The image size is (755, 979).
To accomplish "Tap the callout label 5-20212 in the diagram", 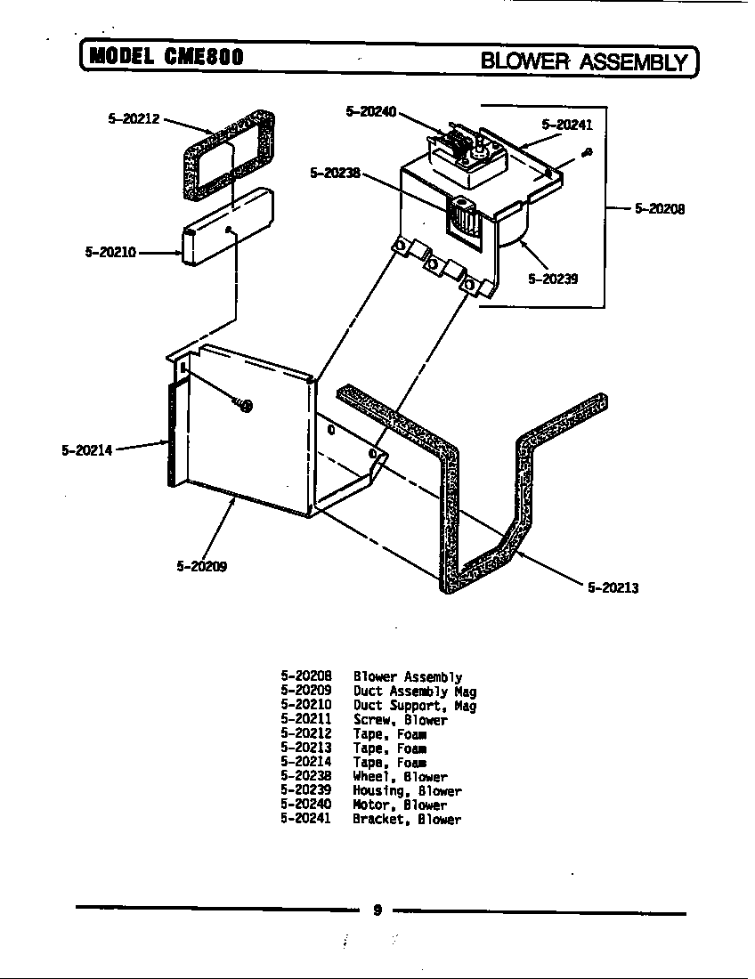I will point(134,118).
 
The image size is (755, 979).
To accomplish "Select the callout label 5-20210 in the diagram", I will point(110,252).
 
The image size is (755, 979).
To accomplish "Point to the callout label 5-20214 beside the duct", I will point(87,450).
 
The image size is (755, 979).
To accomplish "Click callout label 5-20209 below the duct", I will point(201,565).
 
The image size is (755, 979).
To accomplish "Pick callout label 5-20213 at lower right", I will point(613,587).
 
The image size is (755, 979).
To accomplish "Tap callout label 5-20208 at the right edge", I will point(659,210).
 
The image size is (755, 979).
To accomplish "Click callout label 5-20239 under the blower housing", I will point(553,278).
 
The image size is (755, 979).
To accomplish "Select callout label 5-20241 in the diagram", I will point(567,125).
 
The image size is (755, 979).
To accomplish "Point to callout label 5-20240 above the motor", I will point(371,111).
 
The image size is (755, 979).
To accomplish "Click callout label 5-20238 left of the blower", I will point(335,173).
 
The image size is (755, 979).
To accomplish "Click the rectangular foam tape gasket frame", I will point(229,155).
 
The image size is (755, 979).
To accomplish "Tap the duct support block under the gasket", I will point(227,227).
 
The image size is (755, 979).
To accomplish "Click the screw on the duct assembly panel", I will point(245,406).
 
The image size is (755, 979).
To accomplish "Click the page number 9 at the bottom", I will point(377,910).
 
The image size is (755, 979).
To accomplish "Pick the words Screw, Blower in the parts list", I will point(400,720).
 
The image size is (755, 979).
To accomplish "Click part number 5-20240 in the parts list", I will point(305,805).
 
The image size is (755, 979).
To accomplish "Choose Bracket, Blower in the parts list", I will point(407,819).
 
